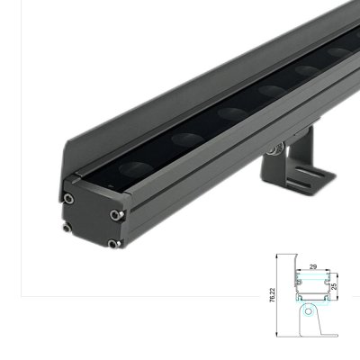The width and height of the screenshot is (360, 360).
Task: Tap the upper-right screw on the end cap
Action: (115, 214)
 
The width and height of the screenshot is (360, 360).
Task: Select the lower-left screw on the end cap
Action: (68, 227)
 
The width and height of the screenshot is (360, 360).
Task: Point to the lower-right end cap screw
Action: (112, 243)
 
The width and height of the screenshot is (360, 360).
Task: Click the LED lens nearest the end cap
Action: (187, 139)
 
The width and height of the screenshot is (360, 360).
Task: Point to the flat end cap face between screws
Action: (90, 220)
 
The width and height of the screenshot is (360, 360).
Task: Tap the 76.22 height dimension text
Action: (274, 295)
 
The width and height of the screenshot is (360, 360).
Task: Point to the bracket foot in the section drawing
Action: (326, 335)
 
